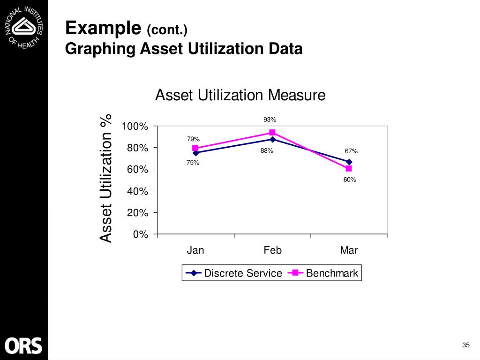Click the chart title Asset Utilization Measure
[x=240, y=96]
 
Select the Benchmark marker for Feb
[x=272, y=133]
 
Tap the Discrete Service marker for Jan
[x=195, y=153]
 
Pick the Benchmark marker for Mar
[x=349, y=168]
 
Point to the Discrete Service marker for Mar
[x=349, y=162]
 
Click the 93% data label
[x=270, y=120]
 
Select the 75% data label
[x=193, y=163]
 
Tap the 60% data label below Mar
[x=350, y=180]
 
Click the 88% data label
[x=267, y=151]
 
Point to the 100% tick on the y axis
[x=135, y=127]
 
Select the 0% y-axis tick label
[x=141, y=234]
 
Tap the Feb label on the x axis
[x=272, y=250]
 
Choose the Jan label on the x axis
[x=195, y=250]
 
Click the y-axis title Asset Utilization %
[x=106, y=178]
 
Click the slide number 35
[x=465, y=345]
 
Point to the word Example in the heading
[x=103, y=29]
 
